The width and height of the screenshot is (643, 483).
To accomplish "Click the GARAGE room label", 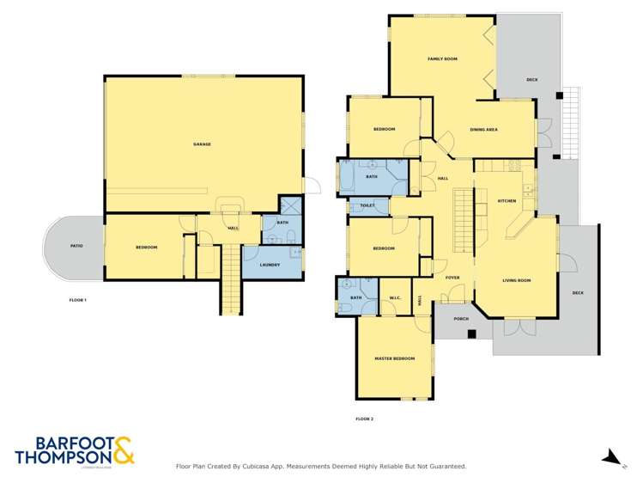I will pyautogui.click(x=202, y=144).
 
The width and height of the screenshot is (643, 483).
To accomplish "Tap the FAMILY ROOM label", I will pyautogui.click(x=442, y=59).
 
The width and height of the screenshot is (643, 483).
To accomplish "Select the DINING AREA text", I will pyautogui.click(x=484, y=130).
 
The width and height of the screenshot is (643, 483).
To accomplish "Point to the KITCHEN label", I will pyautogui.click(x=507, y=200).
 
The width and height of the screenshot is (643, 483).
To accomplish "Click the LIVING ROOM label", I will pyautogui.click(x=516, y=280).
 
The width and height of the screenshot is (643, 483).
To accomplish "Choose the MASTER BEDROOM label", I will pyautogui.click(x=394, y=358).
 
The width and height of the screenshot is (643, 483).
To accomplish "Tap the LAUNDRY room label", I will pyautogui.click(x=270, y=265).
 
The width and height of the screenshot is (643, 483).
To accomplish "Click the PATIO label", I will pyautogui.click(x=76, y=247).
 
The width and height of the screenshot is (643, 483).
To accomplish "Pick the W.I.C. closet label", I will pyautogui.click(x=395, y=298).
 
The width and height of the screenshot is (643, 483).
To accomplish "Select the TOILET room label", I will pyautogui.click(x=367, y=205).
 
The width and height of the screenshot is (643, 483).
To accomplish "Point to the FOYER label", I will pyautogui.click(x=452, y=278).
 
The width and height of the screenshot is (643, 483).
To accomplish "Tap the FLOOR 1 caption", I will pyautogui.click(x=78, y=300).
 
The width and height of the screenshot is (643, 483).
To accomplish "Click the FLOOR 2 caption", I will pyautogui.click(x=364, y=419).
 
